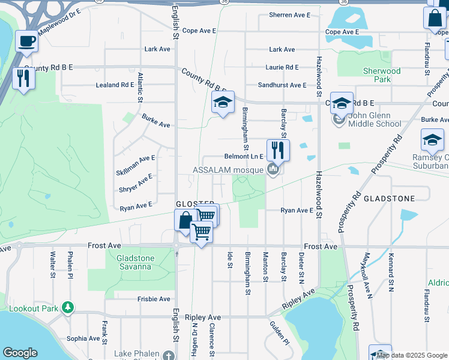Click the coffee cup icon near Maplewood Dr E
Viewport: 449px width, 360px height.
(26, 42)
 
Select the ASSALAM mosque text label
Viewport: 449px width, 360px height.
(228, 170)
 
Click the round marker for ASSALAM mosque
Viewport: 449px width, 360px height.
(273, 170)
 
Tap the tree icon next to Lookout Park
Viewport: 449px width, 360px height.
(68, 308)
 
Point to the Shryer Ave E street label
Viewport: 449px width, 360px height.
(136, 184)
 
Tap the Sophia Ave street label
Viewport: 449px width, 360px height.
(83, 338)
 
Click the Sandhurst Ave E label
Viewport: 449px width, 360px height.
(282, 85)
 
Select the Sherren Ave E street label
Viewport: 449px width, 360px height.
(289, 14)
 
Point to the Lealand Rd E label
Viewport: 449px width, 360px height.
(115, 85)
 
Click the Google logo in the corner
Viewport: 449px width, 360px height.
(20, 353)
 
